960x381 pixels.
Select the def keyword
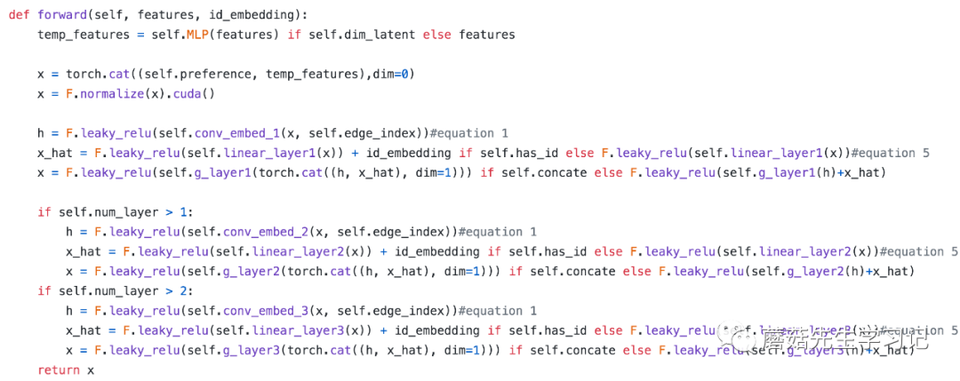point(20,15)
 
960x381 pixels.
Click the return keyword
point(59,370)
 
